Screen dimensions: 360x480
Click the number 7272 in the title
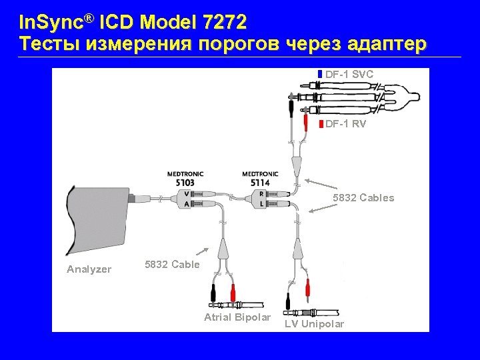point(224,23)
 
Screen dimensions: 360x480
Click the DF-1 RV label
point(346,124)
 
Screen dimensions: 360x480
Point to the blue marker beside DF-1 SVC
point(320,73)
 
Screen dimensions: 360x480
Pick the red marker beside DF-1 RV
point(321,124)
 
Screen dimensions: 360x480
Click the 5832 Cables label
point(363,198)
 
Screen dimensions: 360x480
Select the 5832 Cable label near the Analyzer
point(172,265)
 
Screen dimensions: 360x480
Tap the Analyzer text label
point(89,269)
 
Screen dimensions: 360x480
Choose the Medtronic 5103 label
point(185,178)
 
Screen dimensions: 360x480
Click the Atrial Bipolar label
point(237,317)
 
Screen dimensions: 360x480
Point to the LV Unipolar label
point(315,324)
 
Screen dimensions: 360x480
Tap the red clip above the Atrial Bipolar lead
point(233,292)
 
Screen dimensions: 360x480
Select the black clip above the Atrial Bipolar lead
point(213,292)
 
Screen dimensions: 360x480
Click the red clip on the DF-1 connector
point(305,123)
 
